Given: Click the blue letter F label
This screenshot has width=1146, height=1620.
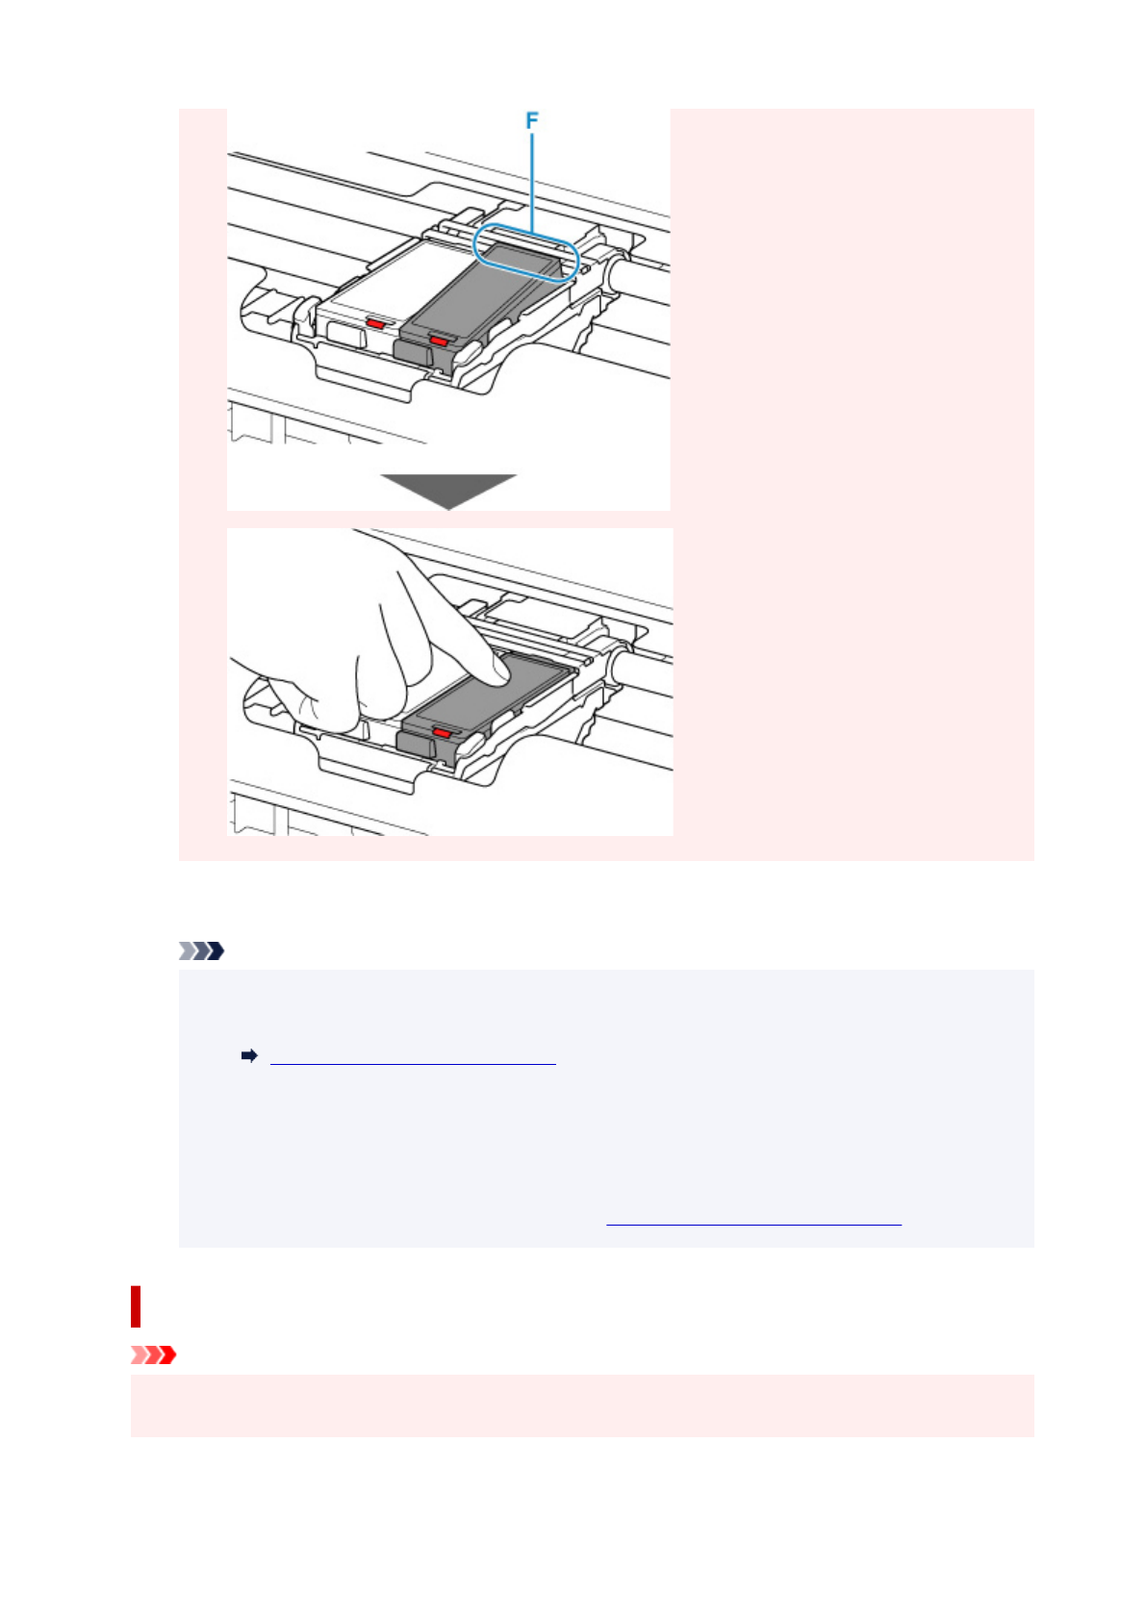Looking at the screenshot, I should coord(531,120).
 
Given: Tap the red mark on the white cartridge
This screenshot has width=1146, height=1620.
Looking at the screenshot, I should coord(374,325).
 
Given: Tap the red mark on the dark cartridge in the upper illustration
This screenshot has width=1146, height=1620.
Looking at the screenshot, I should coord(439,341).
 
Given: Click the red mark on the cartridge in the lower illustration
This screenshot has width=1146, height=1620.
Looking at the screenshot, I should coord(441,732).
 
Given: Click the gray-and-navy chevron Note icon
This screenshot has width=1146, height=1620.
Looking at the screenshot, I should coord(201,951).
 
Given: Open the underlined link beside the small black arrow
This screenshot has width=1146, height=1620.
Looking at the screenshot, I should coord(413,1057).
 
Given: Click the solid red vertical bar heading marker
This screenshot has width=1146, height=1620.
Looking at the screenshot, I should coord(136,1306).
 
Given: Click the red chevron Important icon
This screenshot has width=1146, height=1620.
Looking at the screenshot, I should coord(153,1355).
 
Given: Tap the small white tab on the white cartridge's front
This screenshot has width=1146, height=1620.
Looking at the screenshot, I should coord(345,334).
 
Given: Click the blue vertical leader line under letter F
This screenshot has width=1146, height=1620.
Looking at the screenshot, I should coord(531,178).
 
